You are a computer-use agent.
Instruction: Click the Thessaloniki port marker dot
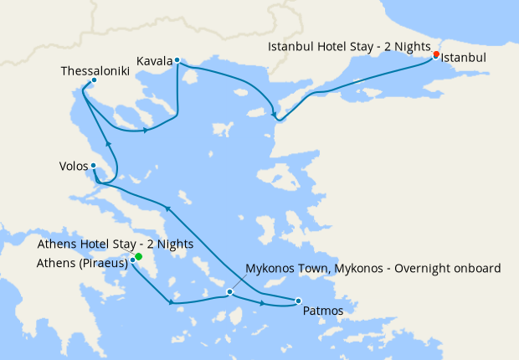94,80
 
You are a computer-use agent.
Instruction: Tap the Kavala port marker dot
177,60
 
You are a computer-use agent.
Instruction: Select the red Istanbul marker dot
435,55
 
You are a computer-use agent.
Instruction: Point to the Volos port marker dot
93,166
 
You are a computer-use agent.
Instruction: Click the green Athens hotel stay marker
139,257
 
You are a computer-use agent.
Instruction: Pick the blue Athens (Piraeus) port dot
133,261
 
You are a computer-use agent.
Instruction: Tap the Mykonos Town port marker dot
229,292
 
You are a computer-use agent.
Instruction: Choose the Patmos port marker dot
299,301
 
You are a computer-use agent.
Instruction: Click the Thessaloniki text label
93,70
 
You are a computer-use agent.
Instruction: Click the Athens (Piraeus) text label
82,263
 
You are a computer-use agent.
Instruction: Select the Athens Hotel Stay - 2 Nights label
116,244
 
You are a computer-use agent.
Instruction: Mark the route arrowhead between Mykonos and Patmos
265,302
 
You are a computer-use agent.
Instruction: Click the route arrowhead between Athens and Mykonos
172,302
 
